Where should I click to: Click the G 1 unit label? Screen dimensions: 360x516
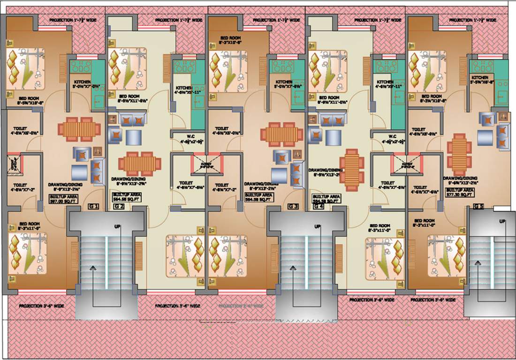coord(94,206)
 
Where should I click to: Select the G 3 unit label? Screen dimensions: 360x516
coord(293,206)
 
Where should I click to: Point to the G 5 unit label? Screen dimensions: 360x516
coord(478,206)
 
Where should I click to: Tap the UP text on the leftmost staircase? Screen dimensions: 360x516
coord(117,227)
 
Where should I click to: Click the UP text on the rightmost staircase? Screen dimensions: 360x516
coord(502,221)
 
